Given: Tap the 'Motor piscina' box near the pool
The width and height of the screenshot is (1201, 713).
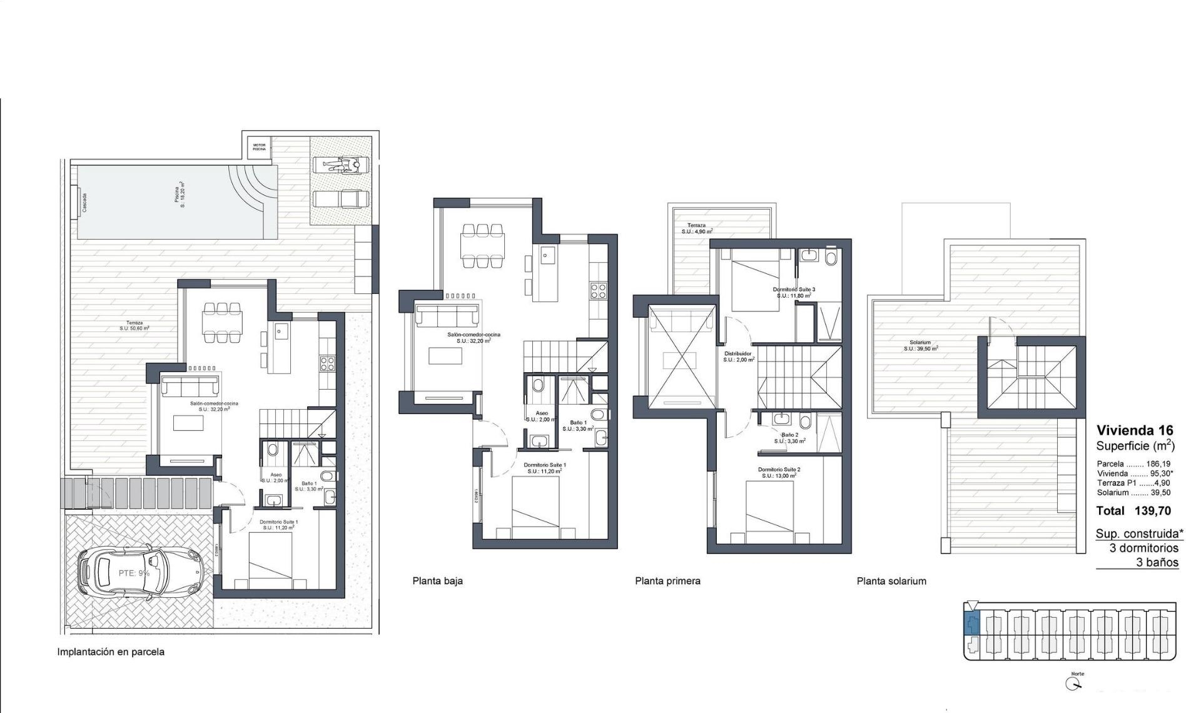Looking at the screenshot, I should click(x=259, y=147).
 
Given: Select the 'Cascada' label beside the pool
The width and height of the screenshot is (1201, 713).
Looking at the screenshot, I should click(x=84, y=202).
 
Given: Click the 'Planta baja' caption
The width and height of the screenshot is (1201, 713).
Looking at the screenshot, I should click(x=437, y=581).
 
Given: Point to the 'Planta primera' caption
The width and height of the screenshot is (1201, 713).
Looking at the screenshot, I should click(x=667, y=581).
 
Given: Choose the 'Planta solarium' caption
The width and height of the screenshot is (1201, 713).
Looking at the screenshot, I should click(x=891, y=581).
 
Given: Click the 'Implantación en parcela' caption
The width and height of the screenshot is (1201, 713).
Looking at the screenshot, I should click(x=111, y=652).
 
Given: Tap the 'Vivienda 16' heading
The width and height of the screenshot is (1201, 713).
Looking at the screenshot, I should click(x=1135, y=430).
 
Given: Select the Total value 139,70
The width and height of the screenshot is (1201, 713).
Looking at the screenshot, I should click(x=1152, y=511).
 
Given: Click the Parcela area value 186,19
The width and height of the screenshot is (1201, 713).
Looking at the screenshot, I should click(x=1158, y=464).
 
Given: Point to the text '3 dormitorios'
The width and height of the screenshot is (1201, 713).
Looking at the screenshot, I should click(x=1144, y=548).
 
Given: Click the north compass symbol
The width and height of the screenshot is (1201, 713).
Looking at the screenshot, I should click(x=1074, y=684).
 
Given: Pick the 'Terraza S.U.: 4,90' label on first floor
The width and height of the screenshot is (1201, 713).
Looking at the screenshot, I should click(x=696, y=228).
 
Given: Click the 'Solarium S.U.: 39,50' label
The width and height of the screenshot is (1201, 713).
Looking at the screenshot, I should click(x=920, y=345).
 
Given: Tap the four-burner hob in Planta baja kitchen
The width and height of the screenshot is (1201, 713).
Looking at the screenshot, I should click(x=597, y=290).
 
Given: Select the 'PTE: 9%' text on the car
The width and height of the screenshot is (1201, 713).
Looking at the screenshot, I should click(x=134, y=573).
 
